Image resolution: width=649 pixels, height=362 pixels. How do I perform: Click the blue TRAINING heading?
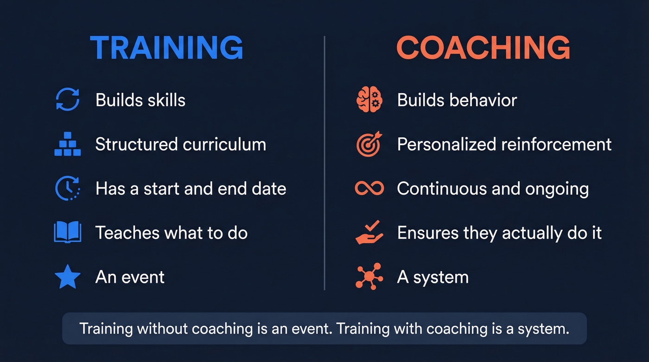[166, 47]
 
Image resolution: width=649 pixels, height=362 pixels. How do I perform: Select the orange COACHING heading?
[483, 47]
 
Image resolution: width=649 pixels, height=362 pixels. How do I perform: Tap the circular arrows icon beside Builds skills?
[68, 100]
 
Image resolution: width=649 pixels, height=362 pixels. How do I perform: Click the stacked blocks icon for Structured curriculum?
[68, 145]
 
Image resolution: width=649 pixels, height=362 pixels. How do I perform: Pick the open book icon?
[68, 232]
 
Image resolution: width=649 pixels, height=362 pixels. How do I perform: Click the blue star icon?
[68, 277]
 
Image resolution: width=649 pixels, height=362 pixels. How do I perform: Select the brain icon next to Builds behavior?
[369, 100]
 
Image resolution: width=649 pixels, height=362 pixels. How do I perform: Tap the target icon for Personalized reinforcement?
[369, 145]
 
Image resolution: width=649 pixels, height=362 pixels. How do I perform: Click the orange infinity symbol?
[369, 189]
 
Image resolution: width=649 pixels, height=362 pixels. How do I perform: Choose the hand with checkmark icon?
[369, 232]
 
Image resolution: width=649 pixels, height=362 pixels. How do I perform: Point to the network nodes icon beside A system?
[369, 276]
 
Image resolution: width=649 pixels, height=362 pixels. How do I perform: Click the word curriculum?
[224, 145]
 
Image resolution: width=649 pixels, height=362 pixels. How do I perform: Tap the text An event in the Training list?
[130, 277]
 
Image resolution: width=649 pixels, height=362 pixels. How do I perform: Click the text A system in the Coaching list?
[433, 277]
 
